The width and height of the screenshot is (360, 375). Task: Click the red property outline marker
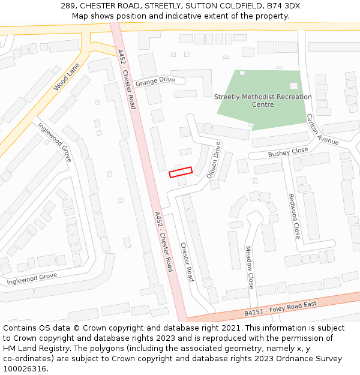point(181,172)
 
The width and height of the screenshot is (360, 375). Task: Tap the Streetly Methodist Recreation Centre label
point(263,100)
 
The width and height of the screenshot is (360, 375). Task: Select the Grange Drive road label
point(155,80)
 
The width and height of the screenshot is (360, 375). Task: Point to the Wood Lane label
point(66,77)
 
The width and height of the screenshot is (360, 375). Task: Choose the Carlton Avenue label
point(322,130)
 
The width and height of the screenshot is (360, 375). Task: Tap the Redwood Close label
point(293,216)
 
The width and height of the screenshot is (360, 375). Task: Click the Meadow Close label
point(250,267)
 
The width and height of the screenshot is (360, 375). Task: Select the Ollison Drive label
point(214,160)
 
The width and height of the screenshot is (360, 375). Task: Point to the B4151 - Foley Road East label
point(280,308)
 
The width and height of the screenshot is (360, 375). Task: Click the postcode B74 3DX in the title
point(284,6)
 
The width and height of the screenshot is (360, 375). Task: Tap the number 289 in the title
point(68,6)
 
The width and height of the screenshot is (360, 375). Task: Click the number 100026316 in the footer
point(24,368)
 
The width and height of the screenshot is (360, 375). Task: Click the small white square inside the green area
point(293,86)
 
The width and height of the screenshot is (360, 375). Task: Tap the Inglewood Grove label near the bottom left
point(32,278)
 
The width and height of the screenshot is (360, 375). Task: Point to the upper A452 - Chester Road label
point(127,79)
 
